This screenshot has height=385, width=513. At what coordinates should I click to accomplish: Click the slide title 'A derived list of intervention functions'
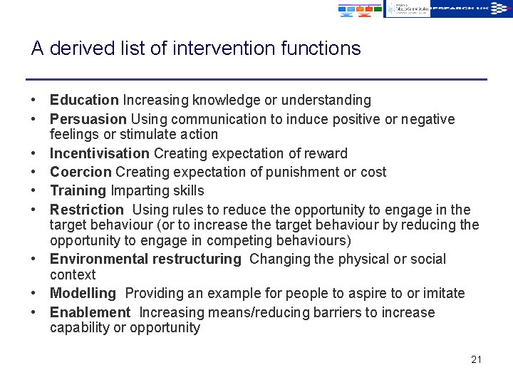[196, 48]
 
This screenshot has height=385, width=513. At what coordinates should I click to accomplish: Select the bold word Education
[84, 101]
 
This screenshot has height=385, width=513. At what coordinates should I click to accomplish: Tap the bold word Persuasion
[88, 119]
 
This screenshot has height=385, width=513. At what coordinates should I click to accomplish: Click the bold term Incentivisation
[100, 153]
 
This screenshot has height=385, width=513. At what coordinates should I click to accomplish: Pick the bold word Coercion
[81, 172]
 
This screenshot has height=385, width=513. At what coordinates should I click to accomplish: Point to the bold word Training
[78, 190]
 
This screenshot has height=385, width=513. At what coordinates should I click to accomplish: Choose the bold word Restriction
[87, 210]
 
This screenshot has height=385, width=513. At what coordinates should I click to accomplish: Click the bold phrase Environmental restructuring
[145, 259]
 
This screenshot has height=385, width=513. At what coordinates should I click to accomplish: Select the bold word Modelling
[83, 293]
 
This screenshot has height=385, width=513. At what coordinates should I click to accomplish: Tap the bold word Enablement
[90, 312]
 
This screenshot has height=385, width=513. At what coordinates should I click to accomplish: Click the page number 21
[476, 359]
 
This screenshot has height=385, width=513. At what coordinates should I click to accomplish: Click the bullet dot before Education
[34, 101]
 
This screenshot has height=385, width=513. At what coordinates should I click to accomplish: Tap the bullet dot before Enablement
[34, 312]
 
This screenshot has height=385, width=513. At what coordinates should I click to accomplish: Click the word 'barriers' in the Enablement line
[304, 312]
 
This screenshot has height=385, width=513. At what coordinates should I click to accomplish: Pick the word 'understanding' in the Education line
[330, 101]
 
